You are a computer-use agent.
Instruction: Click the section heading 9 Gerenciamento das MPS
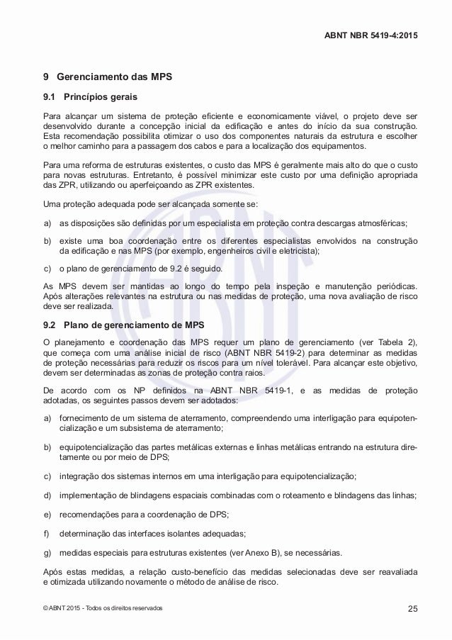click(x=108, y=75)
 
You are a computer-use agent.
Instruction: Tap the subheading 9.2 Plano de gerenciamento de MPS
click(x=124, y=326)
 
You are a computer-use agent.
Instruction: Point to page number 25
click(x=412, y=609)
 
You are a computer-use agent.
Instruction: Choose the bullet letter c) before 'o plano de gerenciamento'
click(x=47, y=269)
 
